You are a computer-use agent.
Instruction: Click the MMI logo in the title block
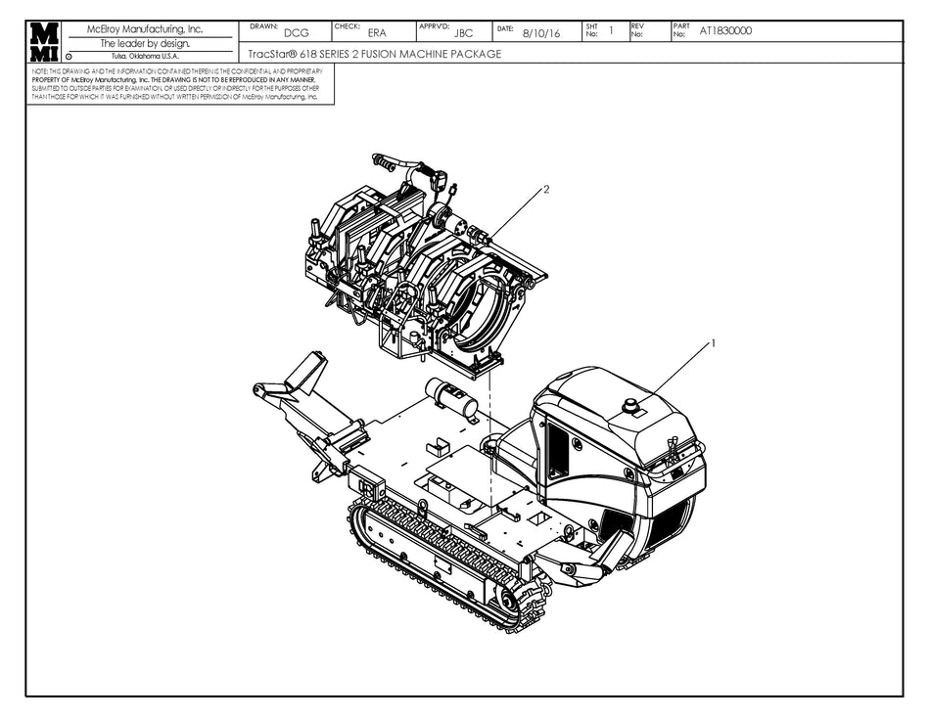(44, 43)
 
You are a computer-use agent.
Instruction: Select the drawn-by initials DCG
(296, 33)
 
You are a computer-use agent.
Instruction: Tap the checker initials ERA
(376, 33)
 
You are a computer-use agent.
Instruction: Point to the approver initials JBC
(464, 33)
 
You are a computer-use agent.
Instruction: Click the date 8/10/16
(542, 33)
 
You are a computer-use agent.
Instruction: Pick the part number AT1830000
(725, 31)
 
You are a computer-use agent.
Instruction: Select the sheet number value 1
(611, 30)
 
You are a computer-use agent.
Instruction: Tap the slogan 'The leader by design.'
(145, 43)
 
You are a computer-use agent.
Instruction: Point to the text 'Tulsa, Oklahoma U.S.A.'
(145, 56)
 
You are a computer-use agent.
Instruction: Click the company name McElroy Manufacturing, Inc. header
(145, 29)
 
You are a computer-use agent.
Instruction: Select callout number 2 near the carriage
(546, 189)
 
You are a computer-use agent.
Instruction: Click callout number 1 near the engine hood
(713, 343)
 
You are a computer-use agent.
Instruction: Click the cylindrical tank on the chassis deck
(451, 396)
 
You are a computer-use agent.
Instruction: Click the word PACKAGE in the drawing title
(476, 55)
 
